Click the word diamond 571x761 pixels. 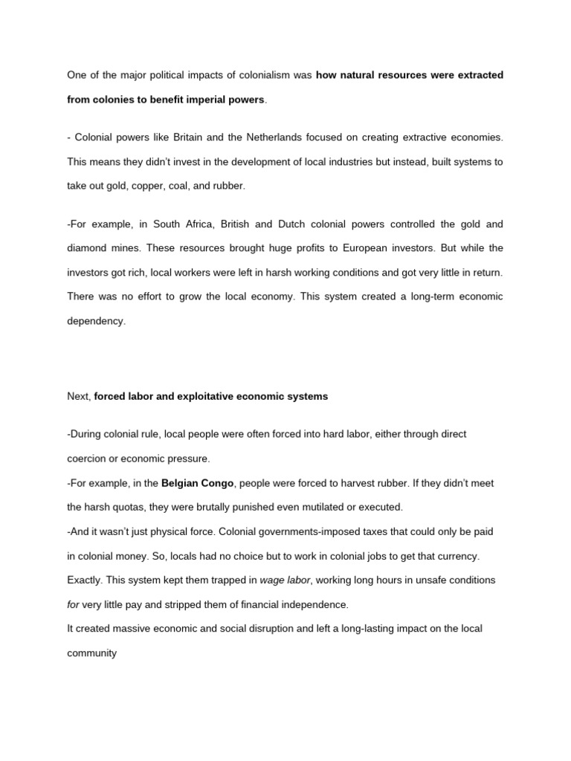tap(87, 248)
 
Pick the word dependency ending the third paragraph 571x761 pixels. tap(97, 320)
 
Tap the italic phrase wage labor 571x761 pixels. tap(282, 580)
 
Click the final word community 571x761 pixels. tap(92, 652)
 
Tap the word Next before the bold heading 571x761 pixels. tap(79, 397)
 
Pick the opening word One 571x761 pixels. tap(77, 75)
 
